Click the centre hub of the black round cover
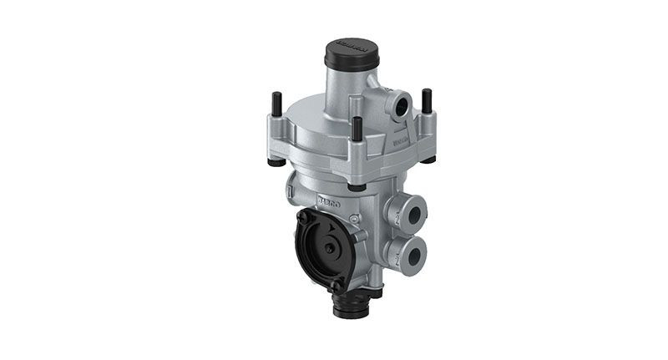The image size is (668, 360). (x=331, y=248)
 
